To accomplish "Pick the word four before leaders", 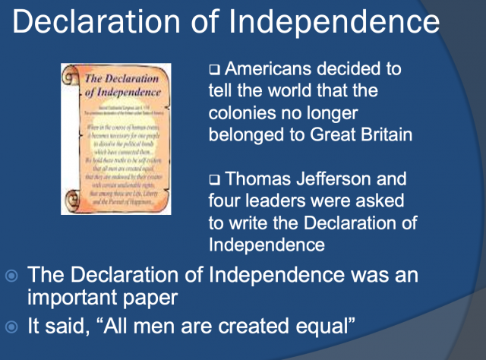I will point(227,202).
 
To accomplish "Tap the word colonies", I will point(242,114).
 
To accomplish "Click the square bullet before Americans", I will point(213,71).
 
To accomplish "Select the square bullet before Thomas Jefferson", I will point(213,181).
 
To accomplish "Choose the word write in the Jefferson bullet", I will point(256,224).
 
